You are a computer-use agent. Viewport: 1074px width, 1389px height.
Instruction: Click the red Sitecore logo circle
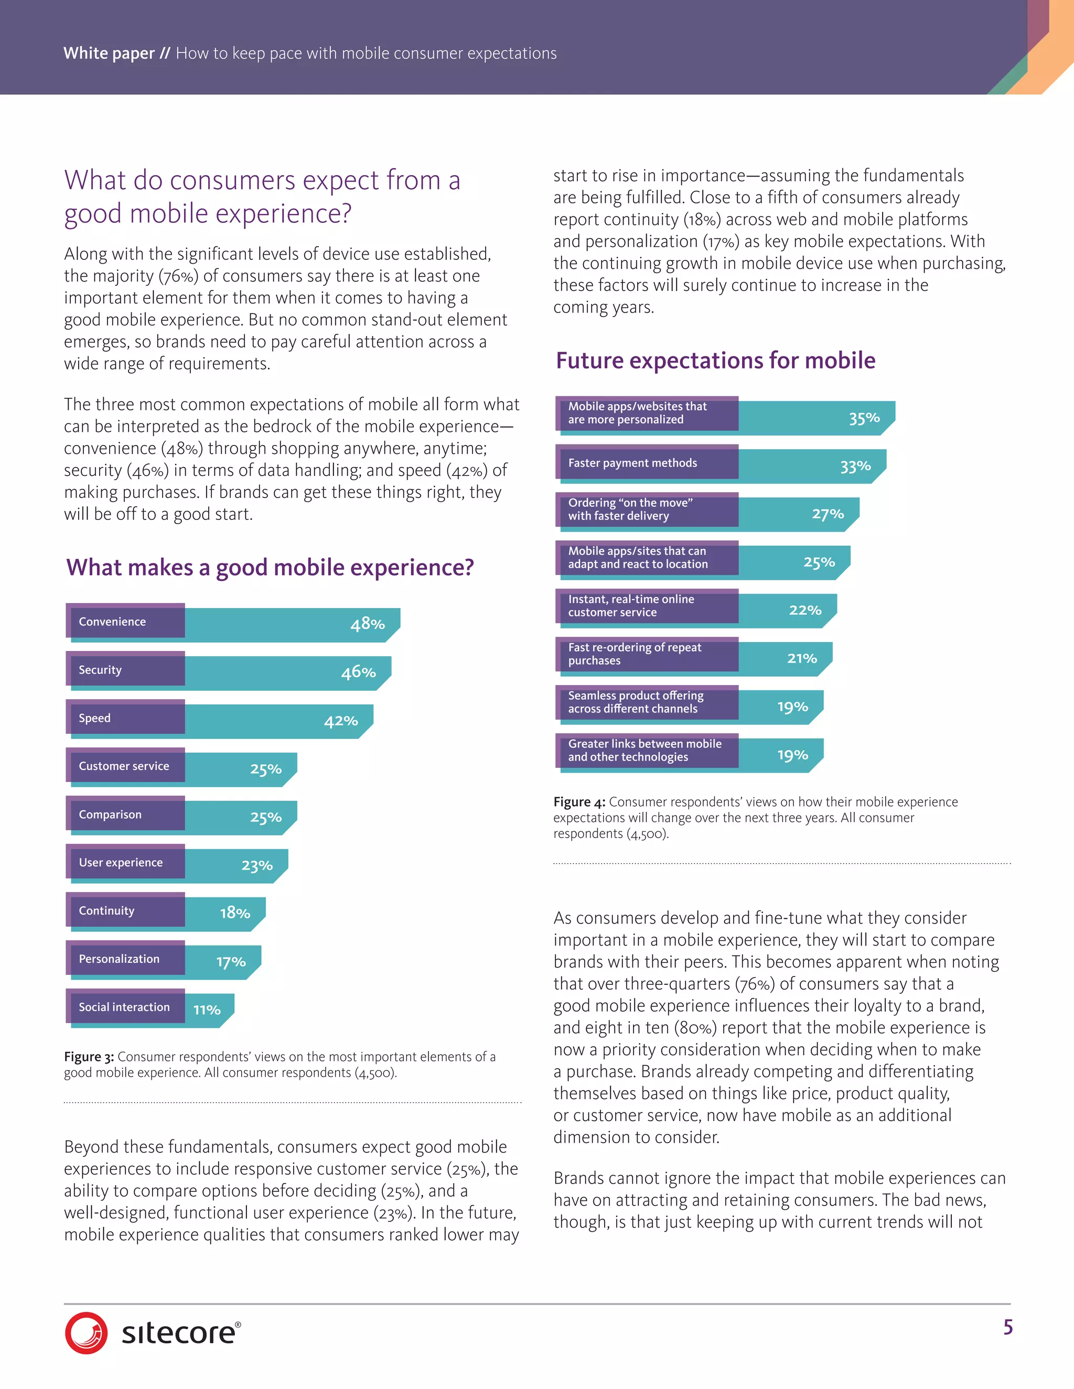[86, 1332]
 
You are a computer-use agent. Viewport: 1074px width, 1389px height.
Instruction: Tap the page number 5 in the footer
[1008, 1327]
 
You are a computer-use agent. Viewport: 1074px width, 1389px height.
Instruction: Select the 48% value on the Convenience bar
[367, 624]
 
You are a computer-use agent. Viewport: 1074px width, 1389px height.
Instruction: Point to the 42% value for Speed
[340, 721]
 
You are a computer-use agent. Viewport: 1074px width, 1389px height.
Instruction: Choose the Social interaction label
[124, 1007]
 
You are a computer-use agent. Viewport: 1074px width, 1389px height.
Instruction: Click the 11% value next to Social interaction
[207, 1010]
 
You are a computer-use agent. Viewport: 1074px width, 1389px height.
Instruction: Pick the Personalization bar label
[119, 959]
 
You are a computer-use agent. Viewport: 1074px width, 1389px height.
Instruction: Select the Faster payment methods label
[632, 463]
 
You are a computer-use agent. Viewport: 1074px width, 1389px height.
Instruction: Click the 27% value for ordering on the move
[827, 514]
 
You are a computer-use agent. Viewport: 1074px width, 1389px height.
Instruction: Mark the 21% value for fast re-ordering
[802, 658]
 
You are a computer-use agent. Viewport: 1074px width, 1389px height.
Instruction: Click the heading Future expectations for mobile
[715, 361]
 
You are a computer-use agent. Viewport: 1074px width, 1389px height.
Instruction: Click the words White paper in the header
[109, 53]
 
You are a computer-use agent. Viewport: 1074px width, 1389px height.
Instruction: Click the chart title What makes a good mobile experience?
[270, 567]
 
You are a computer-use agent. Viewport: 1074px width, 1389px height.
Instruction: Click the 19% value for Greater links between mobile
[792, 755]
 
